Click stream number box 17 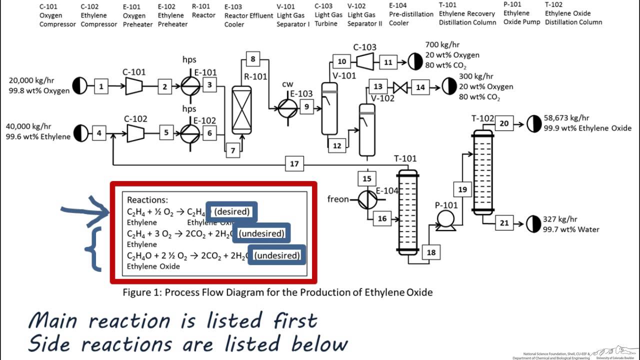pos(294,163)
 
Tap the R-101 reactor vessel pos(241,109)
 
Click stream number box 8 pos(253,59)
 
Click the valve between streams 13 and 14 pos(400,87)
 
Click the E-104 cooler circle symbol pos(367,199)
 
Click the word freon pos(338,199)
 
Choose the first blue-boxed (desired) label pos(231,211)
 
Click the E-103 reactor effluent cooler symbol pos(287,106)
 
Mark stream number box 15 pos(367,178)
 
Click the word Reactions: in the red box pos(147,199)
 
